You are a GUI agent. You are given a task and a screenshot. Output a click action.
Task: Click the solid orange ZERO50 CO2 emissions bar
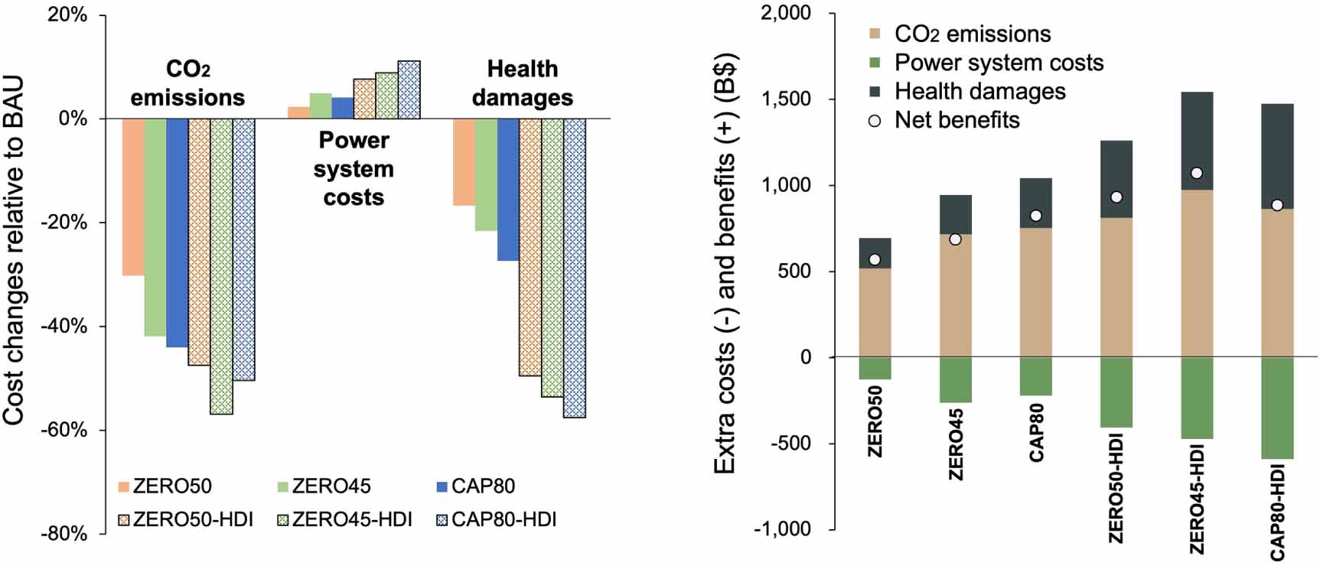(x=133, y=197)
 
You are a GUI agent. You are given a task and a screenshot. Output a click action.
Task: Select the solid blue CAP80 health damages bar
(x=508, y=189)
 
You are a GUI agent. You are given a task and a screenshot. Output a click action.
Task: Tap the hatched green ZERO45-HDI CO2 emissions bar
(x=221, y=265)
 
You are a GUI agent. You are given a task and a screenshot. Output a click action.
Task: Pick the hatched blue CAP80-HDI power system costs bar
(x=409, y=89)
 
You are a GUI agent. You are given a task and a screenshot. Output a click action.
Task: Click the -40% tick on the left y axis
(x=67, y=327)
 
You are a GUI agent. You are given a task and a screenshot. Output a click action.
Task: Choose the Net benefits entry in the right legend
(x=956, y=120)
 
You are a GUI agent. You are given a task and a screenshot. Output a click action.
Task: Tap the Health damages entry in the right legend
(x=979, y=92)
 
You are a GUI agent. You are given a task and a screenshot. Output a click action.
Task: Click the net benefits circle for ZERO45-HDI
(x=1197, y=174)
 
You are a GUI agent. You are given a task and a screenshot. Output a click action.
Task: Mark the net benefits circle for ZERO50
(x=875, y=259)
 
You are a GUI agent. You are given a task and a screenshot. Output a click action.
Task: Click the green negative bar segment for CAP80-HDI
(x=1277, y=408)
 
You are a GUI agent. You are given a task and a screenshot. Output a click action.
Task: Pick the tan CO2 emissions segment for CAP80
(x=1036, y=292)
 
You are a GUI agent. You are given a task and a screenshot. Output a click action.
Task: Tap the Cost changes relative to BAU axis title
(x=15, y=251)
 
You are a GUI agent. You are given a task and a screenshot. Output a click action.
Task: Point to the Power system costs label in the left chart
(x=354, y=169)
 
